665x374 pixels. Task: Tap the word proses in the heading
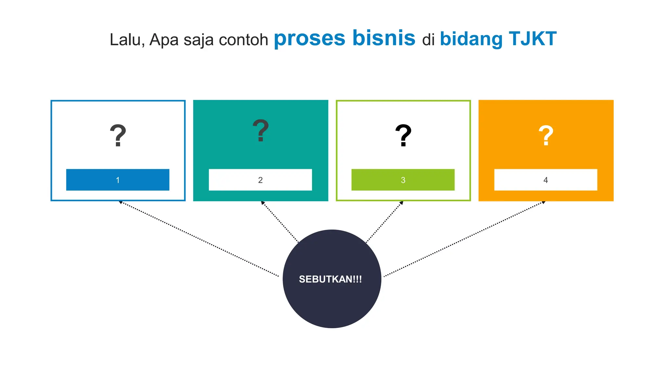(x=309, y=38)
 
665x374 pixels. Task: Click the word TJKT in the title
(x=533, y=39)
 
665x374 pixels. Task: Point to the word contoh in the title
(x=243, y=40)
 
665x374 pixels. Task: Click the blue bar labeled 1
(x=118, y=180)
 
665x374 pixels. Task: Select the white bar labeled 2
(x=260, y=180)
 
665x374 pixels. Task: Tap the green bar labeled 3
(x=403, y=180)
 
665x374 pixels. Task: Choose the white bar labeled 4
(x=546, y=180)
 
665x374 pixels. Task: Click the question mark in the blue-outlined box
(x=118, y=135)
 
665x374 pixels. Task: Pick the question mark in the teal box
(x=261, y=131)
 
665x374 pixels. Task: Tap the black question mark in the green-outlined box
(x=403, y=135)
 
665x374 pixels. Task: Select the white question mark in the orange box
(x=546, y=135)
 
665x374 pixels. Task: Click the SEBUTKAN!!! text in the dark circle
(x=330, y=279)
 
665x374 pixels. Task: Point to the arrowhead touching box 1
(x=120, y=202)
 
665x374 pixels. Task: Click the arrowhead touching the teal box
(x=263, y=203)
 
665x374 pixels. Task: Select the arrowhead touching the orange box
(x=543, y=202)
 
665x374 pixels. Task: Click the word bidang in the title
(x=471, y=39)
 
